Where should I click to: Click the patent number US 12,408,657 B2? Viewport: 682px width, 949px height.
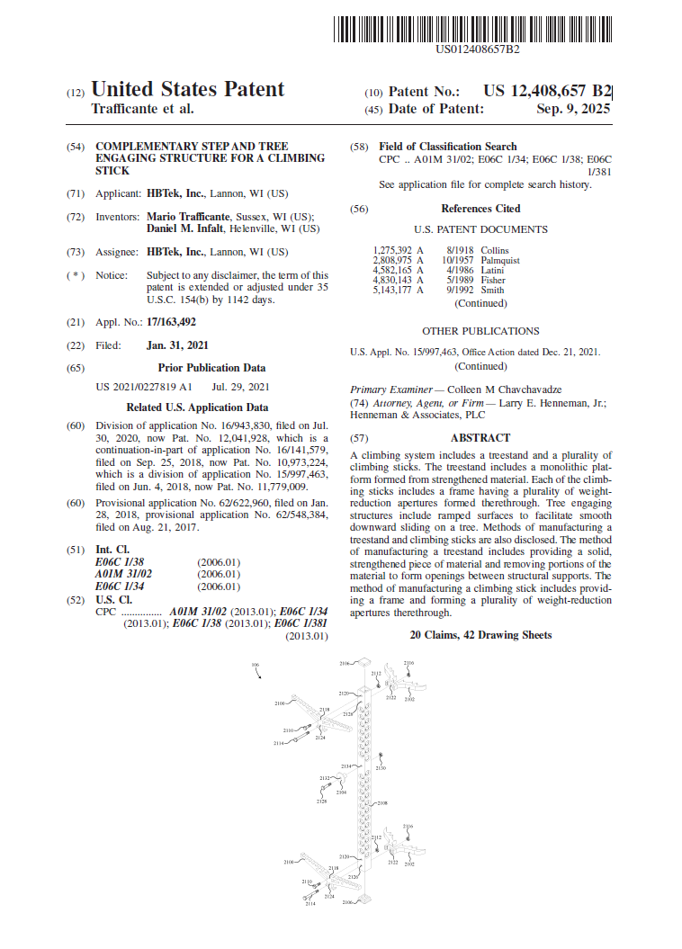tap(547, 91)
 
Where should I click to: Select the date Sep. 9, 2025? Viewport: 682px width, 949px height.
tap(573, 109)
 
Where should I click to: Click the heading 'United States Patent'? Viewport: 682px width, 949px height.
tap(188, 90)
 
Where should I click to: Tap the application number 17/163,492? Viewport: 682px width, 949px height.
tap(171, 321)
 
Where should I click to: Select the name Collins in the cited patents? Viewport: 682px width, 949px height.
tap(494, 250)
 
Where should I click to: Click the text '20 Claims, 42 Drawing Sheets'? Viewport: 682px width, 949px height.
tap(480, 635)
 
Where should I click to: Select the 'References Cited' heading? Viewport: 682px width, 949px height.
tap(480, 209)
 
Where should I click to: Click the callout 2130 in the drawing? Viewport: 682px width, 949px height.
tap(381, 769)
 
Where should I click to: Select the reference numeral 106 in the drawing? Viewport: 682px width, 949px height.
tap(256, 666)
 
